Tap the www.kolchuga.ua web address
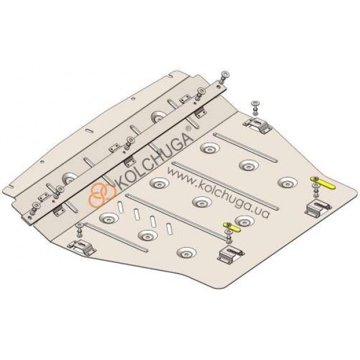[x=218, y=193]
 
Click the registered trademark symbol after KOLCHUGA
[x=189, y=128]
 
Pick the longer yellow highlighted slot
[x=323, y=184]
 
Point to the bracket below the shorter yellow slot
[x=230, y=254]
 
